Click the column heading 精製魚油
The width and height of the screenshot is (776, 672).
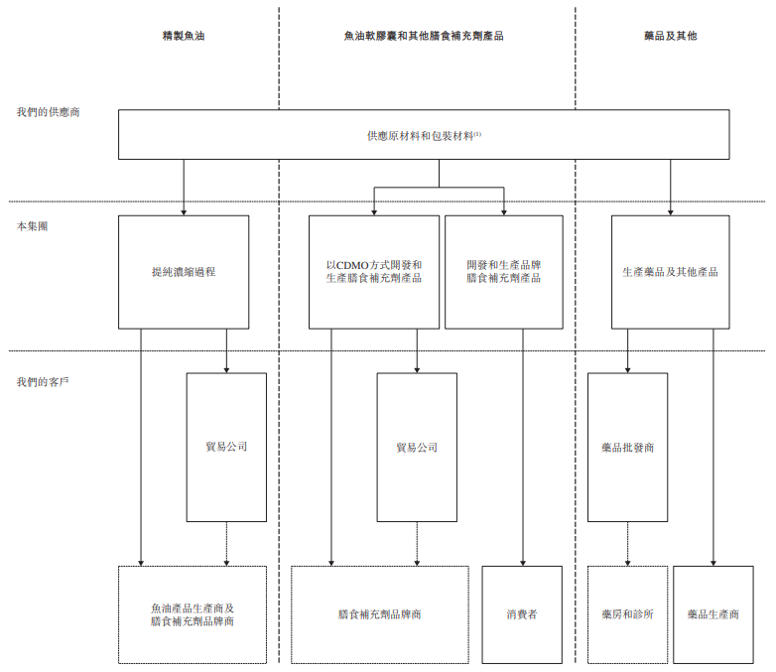point(185,35)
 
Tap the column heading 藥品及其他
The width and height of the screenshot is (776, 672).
point(670,35)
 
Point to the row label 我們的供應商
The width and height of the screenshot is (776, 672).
point(48,112)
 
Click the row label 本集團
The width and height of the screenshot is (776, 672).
point(32,226)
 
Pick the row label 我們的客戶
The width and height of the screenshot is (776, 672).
point(42,381)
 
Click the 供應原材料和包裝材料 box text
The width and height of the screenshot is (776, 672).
point(424,135)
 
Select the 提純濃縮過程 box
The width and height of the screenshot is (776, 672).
point(184,272)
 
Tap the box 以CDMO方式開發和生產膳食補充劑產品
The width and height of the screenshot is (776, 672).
point(374,272)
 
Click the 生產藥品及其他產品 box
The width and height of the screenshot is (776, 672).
point(670,272)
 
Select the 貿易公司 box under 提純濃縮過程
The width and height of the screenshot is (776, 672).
point(226,447)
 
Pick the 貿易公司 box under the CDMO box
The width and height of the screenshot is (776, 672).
point(417,447)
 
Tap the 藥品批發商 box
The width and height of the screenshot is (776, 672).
point(627,447)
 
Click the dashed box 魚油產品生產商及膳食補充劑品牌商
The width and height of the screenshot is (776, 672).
point(193,614)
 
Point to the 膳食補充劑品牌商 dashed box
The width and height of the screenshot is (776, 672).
point(380,614)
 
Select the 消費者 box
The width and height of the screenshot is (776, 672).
point(522,614)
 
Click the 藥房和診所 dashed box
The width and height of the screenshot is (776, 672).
point(627,614)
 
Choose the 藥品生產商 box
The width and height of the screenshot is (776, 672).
point(713,614)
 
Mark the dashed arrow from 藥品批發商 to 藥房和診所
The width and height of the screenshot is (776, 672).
point(627,543)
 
